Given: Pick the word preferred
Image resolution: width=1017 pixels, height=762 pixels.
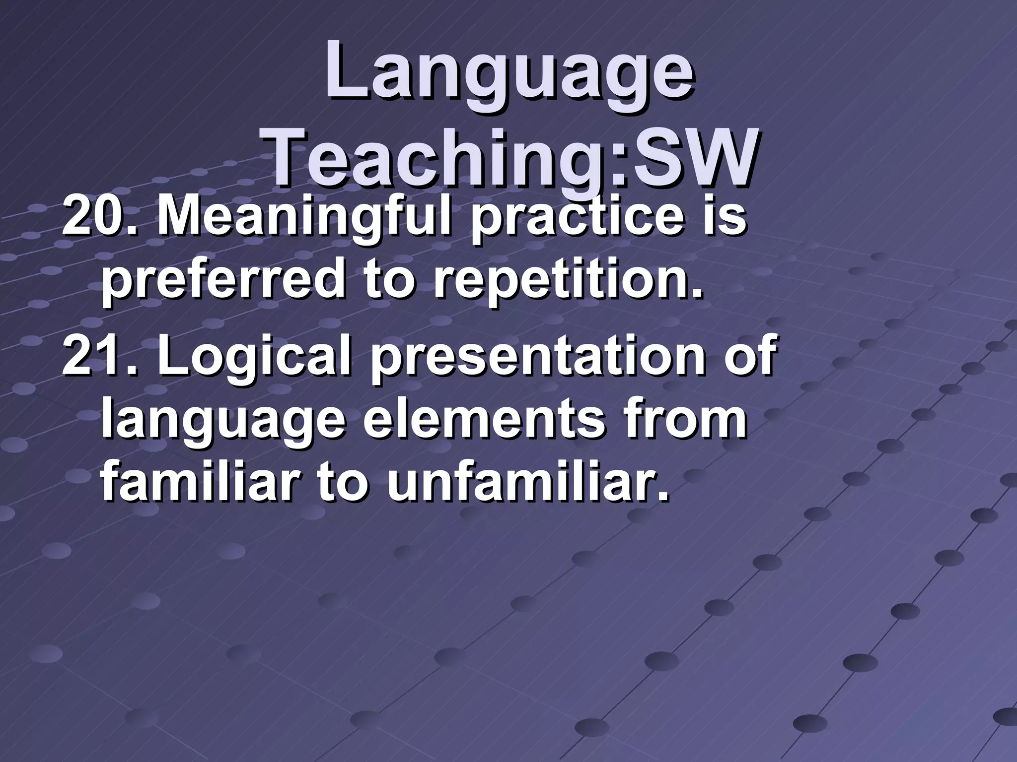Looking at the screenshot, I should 223,280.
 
